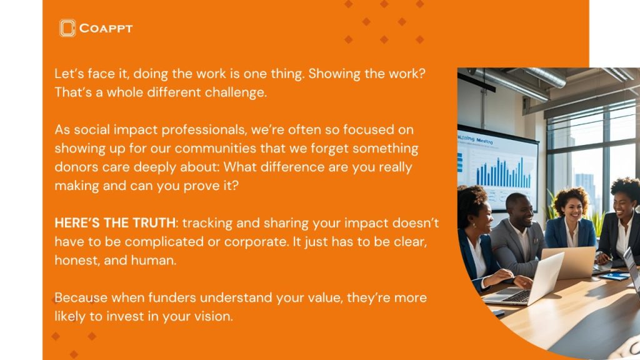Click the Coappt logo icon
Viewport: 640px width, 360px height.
tap(67, 28)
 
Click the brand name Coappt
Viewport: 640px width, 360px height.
tap(106, 29)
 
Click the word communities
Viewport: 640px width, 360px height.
tap(216, 148)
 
